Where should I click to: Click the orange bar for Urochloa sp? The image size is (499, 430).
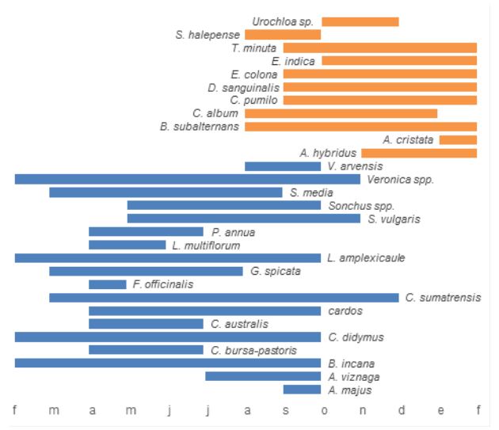pos(360,21)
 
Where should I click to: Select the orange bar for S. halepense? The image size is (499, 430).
pos(283,35)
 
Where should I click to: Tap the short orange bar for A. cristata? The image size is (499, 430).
pos(458,139)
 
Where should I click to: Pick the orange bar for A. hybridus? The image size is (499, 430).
pos(419,153)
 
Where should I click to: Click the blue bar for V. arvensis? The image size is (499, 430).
pos(283,166)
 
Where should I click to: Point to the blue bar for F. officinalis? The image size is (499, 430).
pos(108,284)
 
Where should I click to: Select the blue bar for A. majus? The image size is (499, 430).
pos(302,390)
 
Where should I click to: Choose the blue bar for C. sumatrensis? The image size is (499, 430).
pos(224,297)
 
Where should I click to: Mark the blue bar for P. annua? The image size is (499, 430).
pos(147,232)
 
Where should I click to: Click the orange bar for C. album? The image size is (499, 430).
pos(341,113)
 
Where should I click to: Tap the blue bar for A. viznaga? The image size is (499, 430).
pos(263,376)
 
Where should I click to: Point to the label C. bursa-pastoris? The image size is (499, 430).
pos(253,350)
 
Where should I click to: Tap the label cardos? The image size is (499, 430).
pos(345,310)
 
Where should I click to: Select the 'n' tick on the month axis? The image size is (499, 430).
pos(361,409)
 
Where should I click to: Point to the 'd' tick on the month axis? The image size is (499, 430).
pos(400,409)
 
